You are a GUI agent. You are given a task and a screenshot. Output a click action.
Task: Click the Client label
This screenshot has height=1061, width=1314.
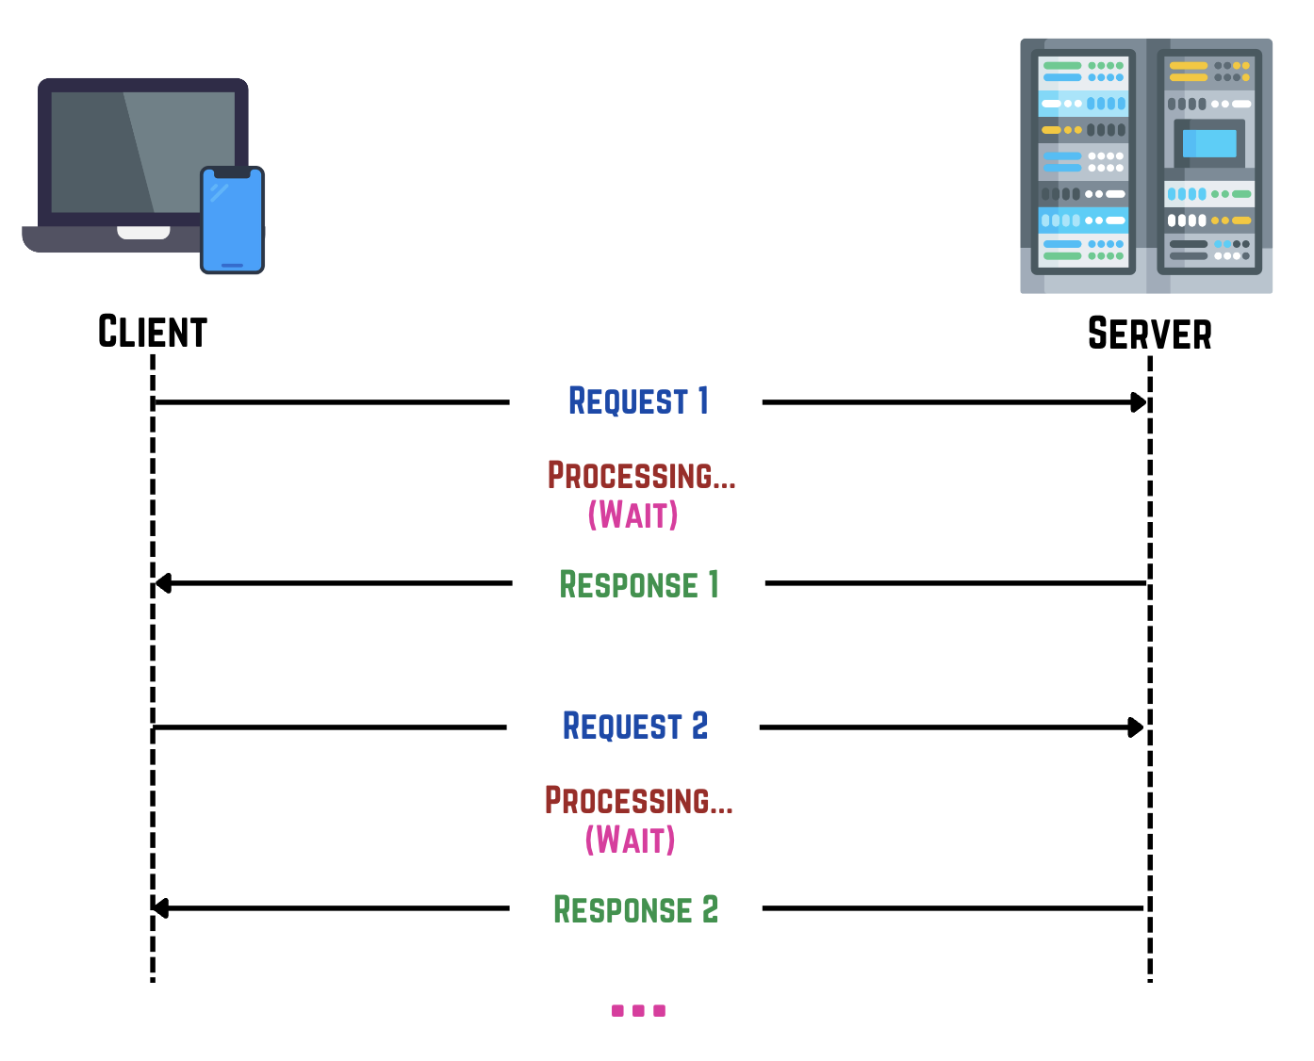click(x=153, y=332)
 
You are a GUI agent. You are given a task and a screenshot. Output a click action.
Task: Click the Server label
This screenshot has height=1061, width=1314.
click(x=1149, y=334)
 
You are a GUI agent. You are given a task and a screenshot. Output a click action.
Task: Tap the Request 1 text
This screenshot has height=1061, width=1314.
click(x=638, y=401)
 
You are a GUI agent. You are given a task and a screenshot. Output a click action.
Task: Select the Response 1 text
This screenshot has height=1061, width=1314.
click(x=639, y=584)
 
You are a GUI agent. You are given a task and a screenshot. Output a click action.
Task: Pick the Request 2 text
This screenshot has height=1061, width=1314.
click(x=634, y=726)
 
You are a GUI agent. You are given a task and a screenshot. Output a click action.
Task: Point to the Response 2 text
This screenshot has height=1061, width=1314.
click(x=635, y=909)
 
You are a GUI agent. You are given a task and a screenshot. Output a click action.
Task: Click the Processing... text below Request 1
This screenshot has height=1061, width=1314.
click(x=641, y=476)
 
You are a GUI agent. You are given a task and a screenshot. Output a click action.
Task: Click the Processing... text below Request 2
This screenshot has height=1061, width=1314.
click(x=638, y=801)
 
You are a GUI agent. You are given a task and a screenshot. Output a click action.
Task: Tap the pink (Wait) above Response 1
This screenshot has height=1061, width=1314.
click(x=632, y=515)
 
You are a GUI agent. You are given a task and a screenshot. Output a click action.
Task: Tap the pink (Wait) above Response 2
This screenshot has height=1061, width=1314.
click(x=630, y=840)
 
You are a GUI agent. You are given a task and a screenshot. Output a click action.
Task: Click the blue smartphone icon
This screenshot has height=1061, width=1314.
click(x=232, y=220)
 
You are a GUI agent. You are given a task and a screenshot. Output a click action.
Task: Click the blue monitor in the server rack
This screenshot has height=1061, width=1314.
click(x=1208, y=144)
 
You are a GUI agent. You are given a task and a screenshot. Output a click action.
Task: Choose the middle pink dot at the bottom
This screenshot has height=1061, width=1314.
click(x=638, y=1011)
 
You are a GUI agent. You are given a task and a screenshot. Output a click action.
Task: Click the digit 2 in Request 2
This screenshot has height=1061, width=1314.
click(x=699, y=726)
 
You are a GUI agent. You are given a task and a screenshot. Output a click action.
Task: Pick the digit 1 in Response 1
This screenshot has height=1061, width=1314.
click(x=714, y=584)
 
